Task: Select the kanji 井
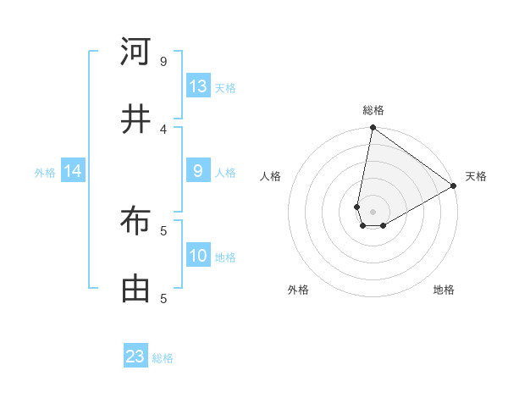pos(135,119)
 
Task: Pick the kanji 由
pos(135,289)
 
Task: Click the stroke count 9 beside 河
pos(163,62)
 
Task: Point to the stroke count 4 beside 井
pos(163,129)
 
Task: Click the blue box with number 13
pos(198,86)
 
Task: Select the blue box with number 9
pos(198,172)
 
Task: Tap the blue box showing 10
pos(198,257)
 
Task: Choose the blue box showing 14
pos(73,172)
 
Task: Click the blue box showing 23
pos(135,357)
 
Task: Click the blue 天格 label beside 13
pos(225,87)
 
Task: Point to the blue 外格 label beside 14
pos(45,173)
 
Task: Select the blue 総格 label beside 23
pos(163,357)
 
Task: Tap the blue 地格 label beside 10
pos(225,257)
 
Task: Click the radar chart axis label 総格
pos(373,110)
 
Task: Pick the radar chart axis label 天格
pos(476,176)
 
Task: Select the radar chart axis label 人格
pos(270,176)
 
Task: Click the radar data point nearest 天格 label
pos(454,185)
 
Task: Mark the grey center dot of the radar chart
pos(373,212)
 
